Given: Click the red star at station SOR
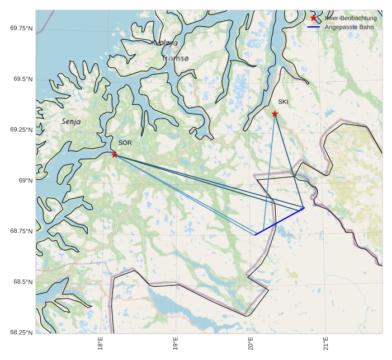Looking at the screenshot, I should click(115, 155).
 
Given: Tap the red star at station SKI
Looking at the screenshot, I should click(275, 114).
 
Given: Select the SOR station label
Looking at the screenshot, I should click(125, 143).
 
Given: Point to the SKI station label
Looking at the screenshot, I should click(283, 102).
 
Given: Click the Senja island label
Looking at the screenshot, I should click(71, 121).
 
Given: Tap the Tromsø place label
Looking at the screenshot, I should click(175, 58).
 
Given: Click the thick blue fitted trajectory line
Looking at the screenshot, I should click(280, 221).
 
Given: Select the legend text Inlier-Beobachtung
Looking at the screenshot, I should click(351, 18).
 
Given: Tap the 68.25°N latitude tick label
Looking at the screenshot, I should click(21, 333).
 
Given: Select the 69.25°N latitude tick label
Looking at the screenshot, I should click(21, 130).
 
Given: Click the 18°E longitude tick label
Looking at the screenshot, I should click(100, 345).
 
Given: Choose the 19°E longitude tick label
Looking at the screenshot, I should click(175, 345).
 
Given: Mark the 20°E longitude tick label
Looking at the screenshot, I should click(251, 345).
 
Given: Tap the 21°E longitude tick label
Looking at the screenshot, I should click(326, 345).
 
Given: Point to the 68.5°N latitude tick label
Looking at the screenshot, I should click(23, 282).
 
